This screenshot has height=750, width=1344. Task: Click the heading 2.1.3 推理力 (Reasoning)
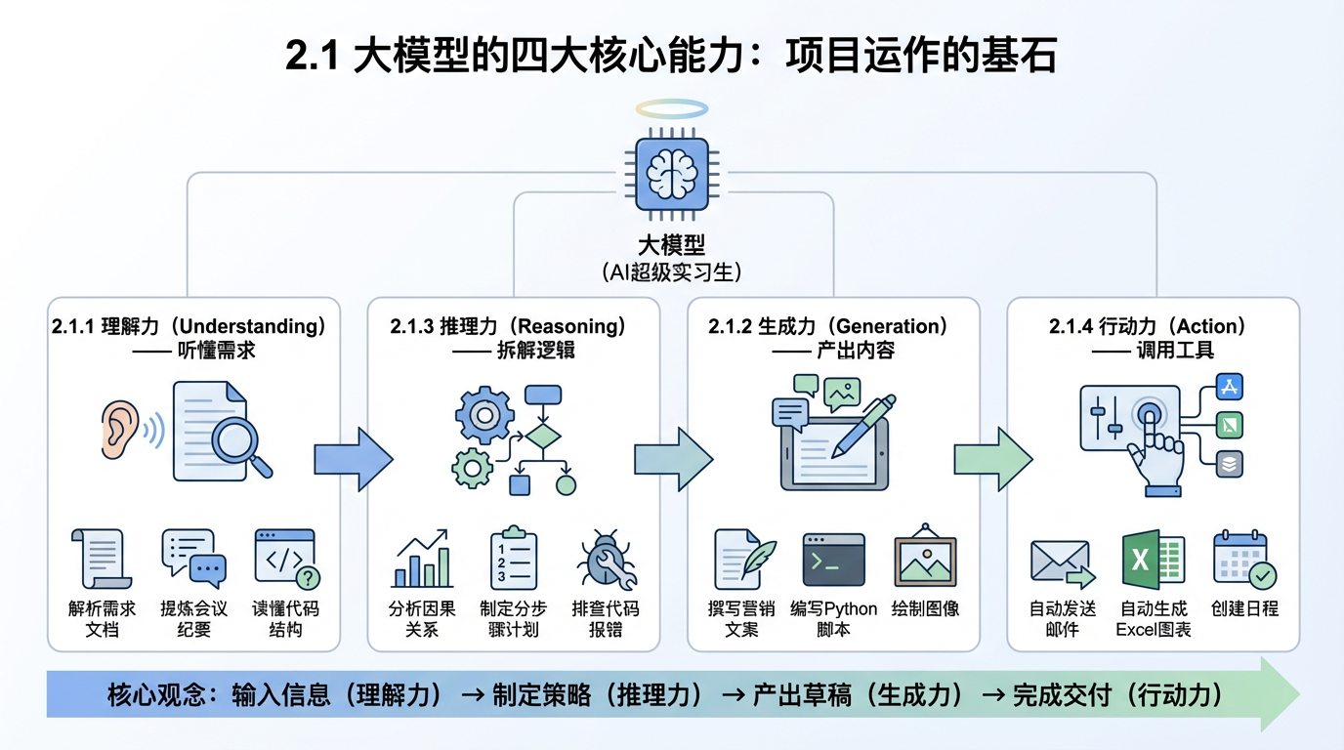coord(508,326)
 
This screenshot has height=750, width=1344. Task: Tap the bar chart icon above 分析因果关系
coord(422,559)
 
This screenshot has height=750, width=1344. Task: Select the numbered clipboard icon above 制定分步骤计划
coord(513,559)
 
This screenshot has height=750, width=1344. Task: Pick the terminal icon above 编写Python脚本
coord(833,560)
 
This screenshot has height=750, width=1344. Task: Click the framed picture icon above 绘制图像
coord(925,559)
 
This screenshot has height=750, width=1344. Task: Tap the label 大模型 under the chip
coord(671,244)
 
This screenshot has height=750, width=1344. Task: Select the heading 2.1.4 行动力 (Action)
coord(1148,326)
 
